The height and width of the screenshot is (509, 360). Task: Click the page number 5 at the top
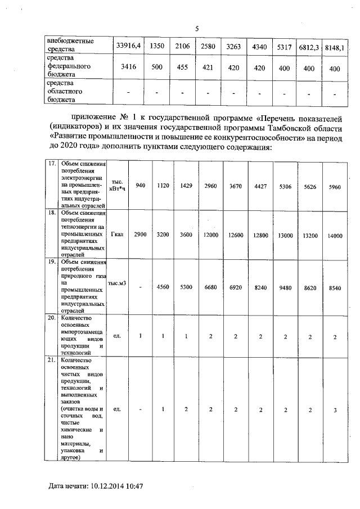tap(197, 29)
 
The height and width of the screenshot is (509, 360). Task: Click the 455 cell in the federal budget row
tap(182, 67)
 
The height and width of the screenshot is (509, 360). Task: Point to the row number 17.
tap(51, 163)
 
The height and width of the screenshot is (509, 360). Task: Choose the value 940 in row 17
tap(141, 186)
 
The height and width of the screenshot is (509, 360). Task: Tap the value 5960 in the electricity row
tap(334, 186)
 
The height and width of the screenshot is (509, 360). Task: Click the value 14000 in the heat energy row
tap(334, 236)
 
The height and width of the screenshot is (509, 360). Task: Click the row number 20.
tap(51, 317)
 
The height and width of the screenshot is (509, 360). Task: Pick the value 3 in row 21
tap(334, 409)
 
